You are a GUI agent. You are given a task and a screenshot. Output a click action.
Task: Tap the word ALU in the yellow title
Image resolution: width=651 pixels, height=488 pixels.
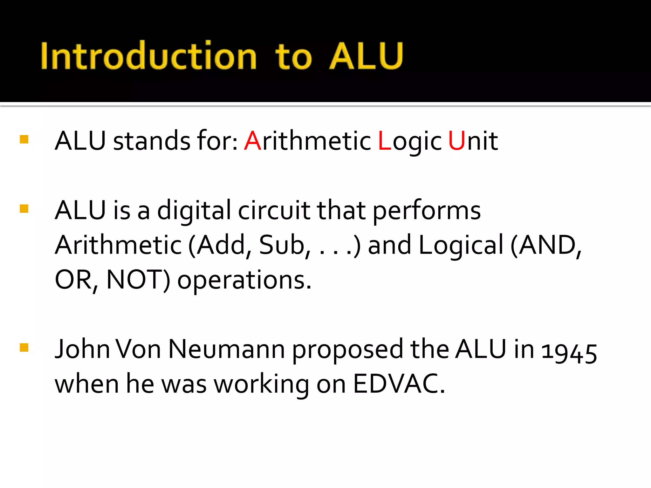[x=366, y=56]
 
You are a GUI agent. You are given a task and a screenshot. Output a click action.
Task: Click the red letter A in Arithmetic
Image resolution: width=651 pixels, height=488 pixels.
[x=252, y=141]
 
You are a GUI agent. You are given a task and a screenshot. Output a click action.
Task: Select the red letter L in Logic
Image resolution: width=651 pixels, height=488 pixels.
[x=384, y=141]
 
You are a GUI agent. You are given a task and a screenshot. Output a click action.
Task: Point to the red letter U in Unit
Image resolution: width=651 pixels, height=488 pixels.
[x=456, y=141]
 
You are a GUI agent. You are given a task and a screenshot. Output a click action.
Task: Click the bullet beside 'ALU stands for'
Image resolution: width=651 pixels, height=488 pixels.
[x=24, y=139]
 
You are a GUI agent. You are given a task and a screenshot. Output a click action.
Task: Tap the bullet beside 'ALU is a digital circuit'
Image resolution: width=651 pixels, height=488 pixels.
[x=24, y=209]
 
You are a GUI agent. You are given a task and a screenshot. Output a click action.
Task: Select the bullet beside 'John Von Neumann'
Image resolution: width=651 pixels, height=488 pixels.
[x=24, y=348]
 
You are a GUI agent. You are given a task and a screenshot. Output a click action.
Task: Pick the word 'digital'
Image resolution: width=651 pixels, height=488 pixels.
[x=194, y=211]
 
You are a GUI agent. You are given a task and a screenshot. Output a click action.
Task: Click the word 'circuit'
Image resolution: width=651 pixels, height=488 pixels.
[x=274, y=211]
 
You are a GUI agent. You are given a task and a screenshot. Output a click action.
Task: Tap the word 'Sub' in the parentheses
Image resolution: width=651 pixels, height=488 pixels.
[x=282, y=245]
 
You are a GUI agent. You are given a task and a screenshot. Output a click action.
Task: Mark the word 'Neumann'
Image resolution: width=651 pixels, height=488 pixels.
[x=226, y=349]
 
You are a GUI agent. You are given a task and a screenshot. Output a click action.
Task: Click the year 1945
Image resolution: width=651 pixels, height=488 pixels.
[x=569, y=352]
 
